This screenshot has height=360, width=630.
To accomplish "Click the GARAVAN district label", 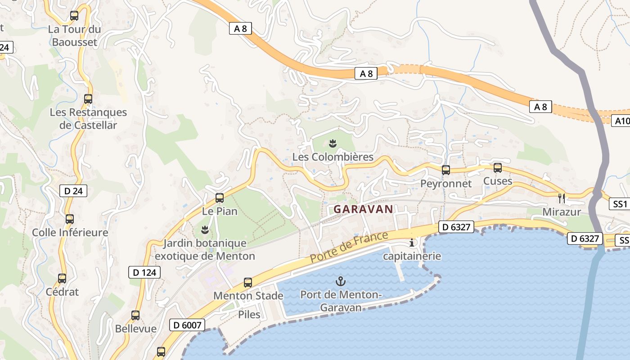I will click(363, 209).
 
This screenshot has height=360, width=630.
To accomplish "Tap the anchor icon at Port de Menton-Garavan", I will click(341, 282).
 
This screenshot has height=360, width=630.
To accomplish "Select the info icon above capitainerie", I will click(412, 243).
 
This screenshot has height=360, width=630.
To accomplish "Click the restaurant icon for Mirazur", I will click(561, 198).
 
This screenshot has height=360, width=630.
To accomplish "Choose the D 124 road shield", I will click(144, 272).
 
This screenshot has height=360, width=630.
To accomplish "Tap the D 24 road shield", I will click(73, 191).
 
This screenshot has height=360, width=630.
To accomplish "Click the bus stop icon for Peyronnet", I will click(445, 170).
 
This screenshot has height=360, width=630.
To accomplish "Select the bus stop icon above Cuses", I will click(497, 168).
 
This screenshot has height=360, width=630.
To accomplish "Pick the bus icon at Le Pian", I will click(220, 198).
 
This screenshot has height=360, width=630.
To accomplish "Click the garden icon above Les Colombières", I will click(333, 144).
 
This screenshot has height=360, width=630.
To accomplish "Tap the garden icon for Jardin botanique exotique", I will click(205, 230).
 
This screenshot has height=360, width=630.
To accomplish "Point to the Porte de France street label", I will click(349, 248).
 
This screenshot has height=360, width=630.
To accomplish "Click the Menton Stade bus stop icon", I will click(248, 283).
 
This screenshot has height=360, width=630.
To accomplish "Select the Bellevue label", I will click(136, 328).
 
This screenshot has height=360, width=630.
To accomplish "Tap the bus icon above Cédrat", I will click(62, 279).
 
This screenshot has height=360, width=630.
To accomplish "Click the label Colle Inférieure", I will click(70, 233).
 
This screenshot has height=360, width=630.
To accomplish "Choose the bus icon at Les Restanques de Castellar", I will click(88, 99).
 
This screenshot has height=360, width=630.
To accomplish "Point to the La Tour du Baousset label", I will click(74, 36).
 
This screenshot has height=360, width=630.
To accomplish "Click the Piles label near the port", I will click(249, 314).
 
